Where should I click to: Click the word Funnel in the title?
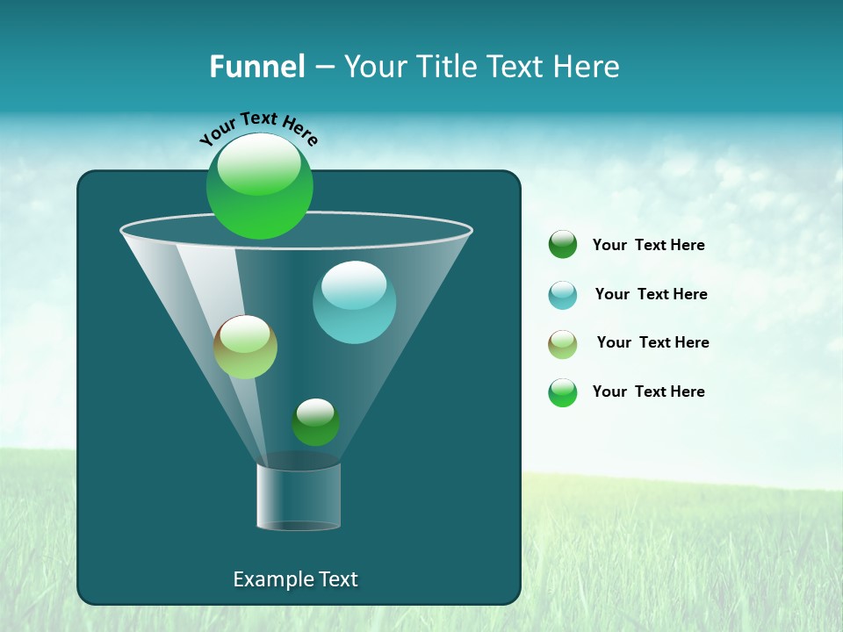[256, 67]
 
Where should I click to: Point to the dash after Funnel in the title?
[324, 68]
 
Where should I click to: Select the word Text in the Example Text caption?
[336, 579]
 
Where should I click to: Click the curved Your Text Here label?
[259, 127]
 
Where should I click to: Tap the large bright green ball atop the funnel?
[260, 185]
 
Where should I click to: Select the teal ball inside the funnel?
[354, 302]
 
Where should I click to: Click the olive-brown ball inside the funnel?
[245, 347]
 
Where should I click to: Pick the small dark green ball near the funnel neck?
[315, 422]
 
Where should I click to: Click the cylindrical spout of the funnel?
[299, 497]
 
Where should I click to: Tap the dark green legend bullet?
[562, 245]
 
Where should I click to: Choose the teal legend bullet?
[562, 295]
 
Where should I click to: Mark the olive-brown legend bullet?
[562, 344]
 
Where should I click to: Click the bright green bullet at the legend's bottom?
[562, 392]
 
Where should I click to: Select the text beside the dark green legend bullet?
[648, 246]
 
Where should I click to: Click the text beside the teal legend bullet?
[651, 294]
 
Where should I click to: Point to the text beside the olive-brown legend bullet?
[652, 342]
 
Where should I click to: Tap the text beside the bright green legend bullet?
[648, 391]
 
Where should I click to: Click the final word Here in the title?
[588, 67]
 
